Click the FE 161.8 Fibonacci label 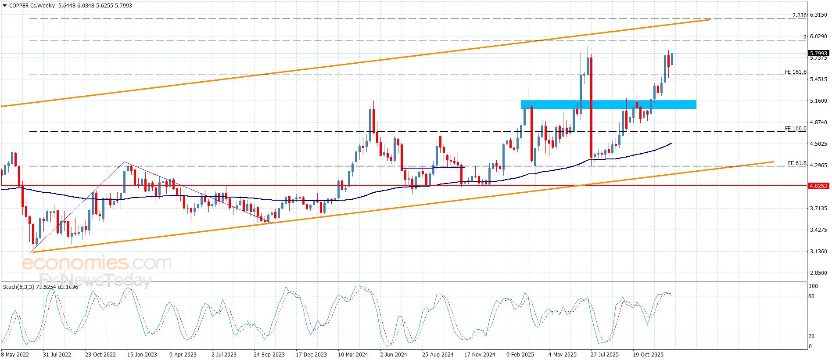[795, 72]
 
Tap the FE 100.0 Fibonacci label [795, 129]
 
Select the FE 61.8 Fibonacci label [797, 163]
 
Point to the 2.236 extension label [799, 15]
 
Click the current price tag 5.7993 [818, 54]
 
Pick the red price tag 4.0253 [818, 186]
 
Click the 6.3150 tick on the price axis [818, 15]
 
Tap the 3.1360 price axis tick [818, 252]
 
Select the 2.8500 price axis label [818, 273]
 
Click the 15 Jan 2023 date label [142, 355]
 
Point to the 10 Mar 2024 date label [353, 355]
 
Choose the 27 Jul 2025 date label [605, 355]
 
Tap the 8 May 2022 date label [15, 355]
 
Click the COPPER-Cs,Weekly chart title [32, 6]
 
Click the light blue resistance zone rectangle [608, 104]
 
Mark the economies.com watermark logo [97, 263]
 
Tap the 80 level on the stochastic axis [812, 296]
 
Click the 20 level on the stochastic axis [812, 336]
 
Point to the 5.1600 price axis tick [818, 101]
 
